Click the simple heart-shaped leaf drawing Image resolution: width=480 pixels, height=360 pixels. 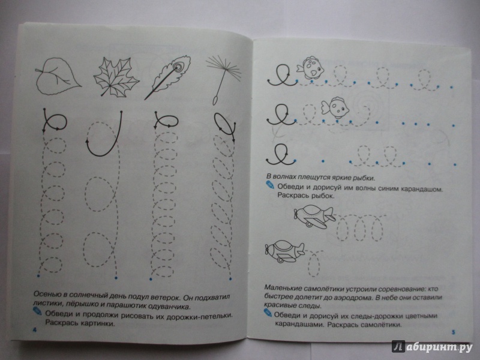(58, 76)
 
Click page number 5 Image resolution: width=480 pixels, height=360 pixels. (454, 332)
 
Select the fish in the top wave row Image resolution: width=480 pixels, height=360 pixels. (310, 68)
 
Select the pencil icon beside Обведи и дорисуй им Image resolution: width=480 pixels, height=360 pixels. (269, 185)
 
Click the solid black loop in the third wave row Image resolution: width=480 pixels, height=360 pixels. (279, 155)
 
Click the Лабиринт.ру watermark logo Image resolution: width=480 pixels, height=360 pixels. (432, 347)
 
